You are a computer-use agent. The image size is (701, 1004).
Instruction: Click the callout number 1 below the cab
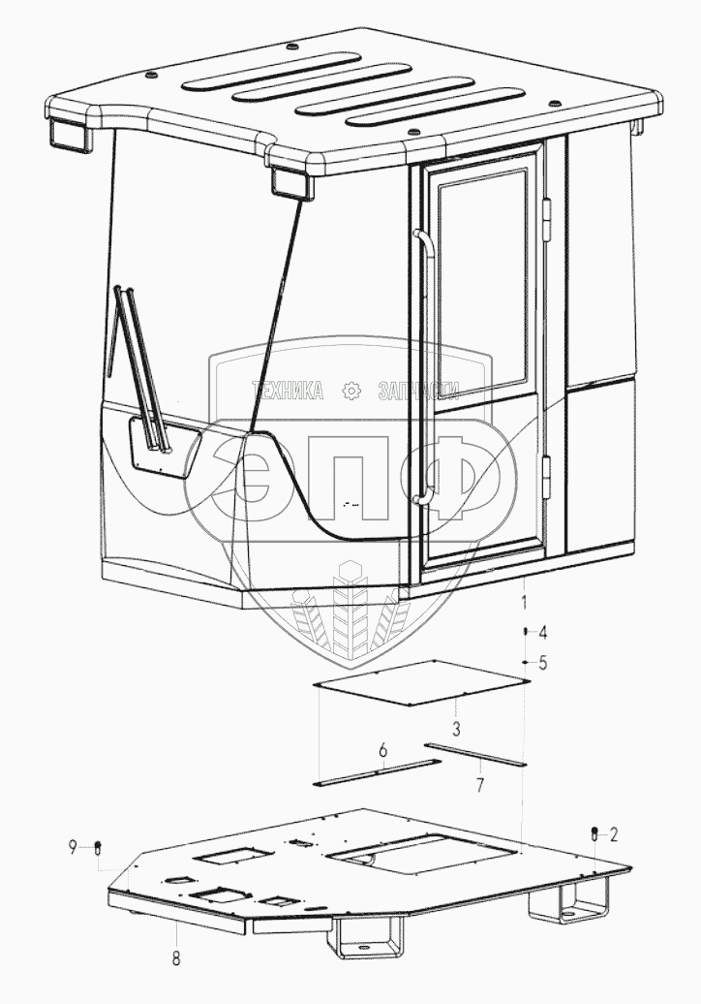pos(524,603)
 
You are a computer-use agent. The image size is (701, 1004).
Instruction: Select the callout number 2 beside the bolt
pos(612,833)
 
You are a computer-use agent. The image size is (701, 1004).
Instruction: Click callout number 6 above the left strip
pos(382,751)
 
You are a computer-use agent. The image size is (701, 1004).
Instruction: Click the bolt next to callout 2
pos(594,833)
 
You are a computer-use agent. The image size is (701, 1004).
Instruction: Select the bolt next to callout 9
pos(98,849)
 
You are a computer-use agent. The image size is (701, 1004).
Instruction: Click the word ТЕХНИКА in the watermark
pos(288,392)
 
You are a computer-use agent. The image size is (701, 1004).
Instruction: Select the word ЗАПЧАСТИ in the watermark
pos(417,392)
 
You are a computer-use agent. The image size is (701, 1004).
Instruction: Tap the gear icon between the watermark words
pos(351,392)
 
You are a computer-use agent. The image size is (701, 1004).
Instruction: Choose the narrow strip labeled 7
pos(476,755)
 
